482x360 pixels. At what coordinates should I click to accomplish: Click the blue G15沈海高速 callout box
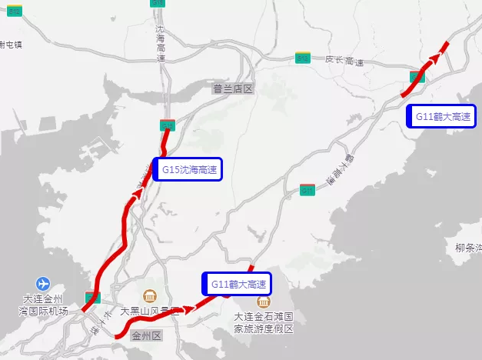(x=188, y=169)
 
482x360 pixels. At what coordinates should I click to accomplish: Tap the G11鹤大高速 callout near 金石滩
(x=238, y=285)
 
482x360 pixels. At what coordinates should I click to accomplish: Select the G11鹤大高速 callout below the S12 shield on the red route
(x=442, y=116)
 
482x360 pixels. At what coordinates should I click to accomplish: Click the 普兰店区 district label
(x=233, y=89)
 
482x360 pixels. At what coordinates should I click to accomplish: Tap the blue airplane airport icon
(x=42, y=283)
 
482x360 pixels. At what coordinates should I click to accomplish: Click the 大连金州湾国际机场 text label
(x=44, y=305)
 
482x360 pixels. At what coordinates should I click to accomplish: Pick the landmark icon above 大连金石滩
(x=264, y=302)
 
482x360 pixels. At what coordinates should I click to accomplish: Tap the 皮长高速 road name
(x=343, y=60)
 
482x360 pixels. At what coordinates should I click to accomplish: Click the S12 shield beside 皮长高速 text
(x=304, y=58)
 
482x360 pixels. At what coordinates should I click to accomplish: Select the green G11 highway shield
(x=307, y=190)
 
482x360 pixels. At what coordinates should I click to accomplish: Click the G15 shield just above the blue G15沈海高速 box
(x=168, y=125)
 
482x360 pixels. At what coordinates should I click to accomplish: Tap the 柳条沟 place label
(x=467, y=248)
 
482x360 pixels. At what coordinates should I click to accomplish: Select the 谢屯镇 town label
(x=11, y=45)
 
